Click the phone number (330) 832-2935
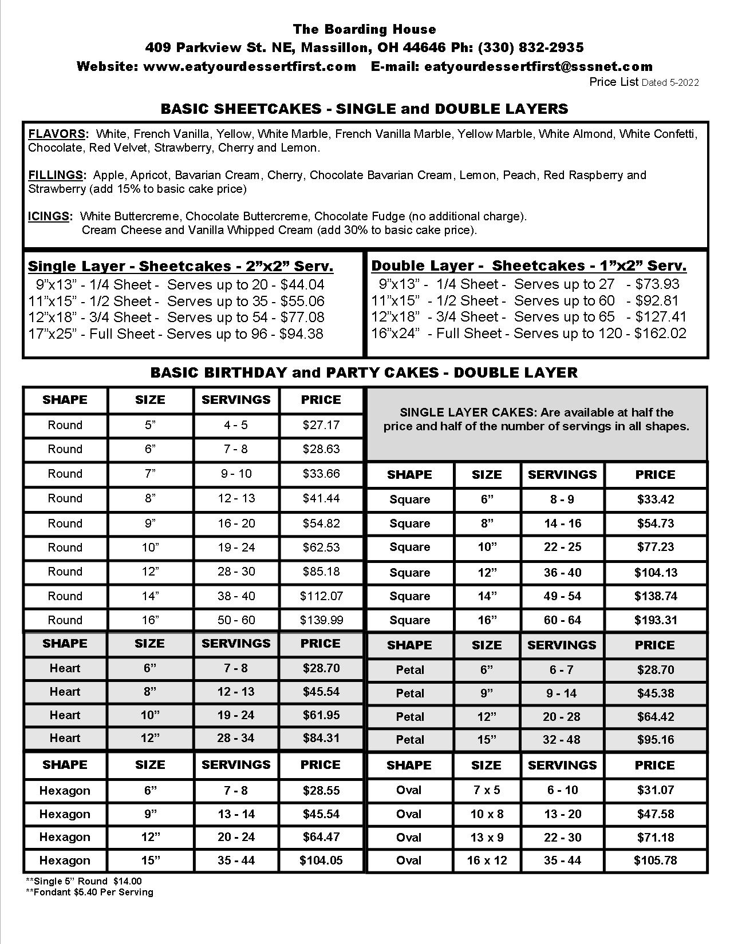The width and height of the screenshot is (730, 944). pyautogui.click(x=531, y=47)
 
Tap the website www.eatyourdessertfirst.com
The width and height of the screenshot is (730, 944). pyautogui.click(x=250, y=66)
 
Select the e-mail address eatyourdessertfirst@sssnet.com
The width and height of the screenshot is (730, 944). pyautogui.click(x=538, y=66)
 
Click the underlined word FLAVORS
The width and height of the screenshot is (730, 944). pyautogui.click(x=57, y=134)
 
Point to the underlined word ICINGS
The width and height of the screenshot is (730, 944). pyautogui.click(x=49, y=216)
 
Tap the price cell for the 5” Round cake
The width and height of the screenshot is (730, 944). pyautogui.click(x=321, y=425)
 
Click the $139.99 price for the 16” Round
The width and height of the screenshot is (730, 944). pyautogui.click(x=321, y=620)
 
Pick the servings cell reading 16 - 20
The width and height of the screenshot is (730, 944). pyautogui.click(x=236, y=523)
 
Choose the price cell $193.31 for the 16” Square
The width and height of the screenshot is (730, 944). pyautogui.click(x=656, y=620)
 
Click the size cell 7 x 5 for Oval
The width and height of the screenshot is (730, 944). pyautogui.click(x=487, y=790)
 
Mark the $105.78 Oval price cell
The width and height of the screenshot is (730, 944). pyautogui.click(x=656, y=860)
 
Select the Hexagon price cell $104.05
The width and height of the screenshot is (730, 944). pyautogui.click(x=321, y=860)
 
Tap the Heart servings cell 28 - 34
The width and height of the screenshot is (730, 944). pyautogui.click(x=236, y=738)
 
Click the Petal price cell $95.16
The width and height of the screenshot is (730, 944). pyautogui.click(x=656, y=740)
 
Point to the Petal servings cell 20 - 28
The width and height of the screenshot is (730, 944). pyautogui.click(x=562, y=717)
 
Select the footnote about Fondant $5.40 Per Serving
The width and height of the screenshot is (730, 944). pyautogui.click(x=90, y=892)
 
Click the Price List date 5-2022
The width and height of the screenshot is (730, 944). pyautogui.click(x=683, y=83)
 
